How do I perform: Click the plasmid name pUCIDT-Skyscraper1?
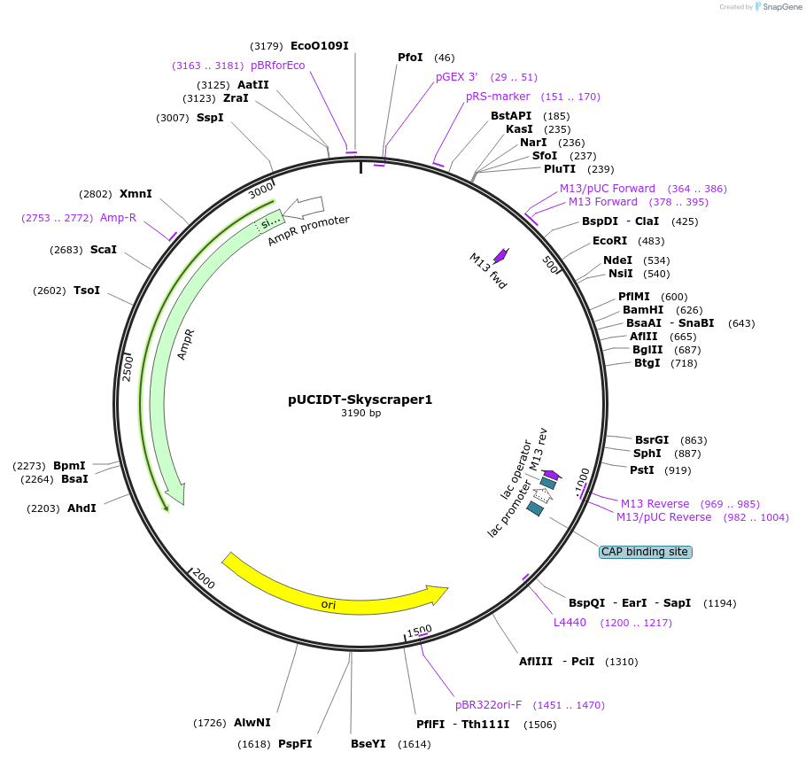coord(360,399)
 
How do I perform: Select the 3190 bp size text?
coord(360,414)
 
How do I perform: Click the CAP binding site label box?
coord(644,552)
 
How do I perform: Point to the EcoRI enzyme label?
coord(609,241)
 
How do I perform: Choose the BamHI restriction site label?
coord(642,310)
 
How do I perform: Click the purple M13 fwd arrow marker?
coord(500,255)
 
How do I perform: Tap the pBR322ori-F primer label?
coord(488,705)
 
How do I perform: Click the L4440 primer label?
coord(570,623)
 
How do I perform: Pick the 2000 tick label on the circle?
coord(204,579)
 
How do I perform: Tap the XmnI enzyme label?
coord(136,194)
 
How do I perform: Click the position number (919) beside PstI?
coord(678,470)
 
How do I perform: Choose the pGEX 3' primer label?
coord(456,77)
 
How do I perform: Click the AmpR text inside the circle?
coord(186,344)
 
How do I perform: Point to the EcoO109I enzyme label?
coord(319,46)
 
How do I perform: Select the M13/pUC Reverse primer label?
coord(663,517)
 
